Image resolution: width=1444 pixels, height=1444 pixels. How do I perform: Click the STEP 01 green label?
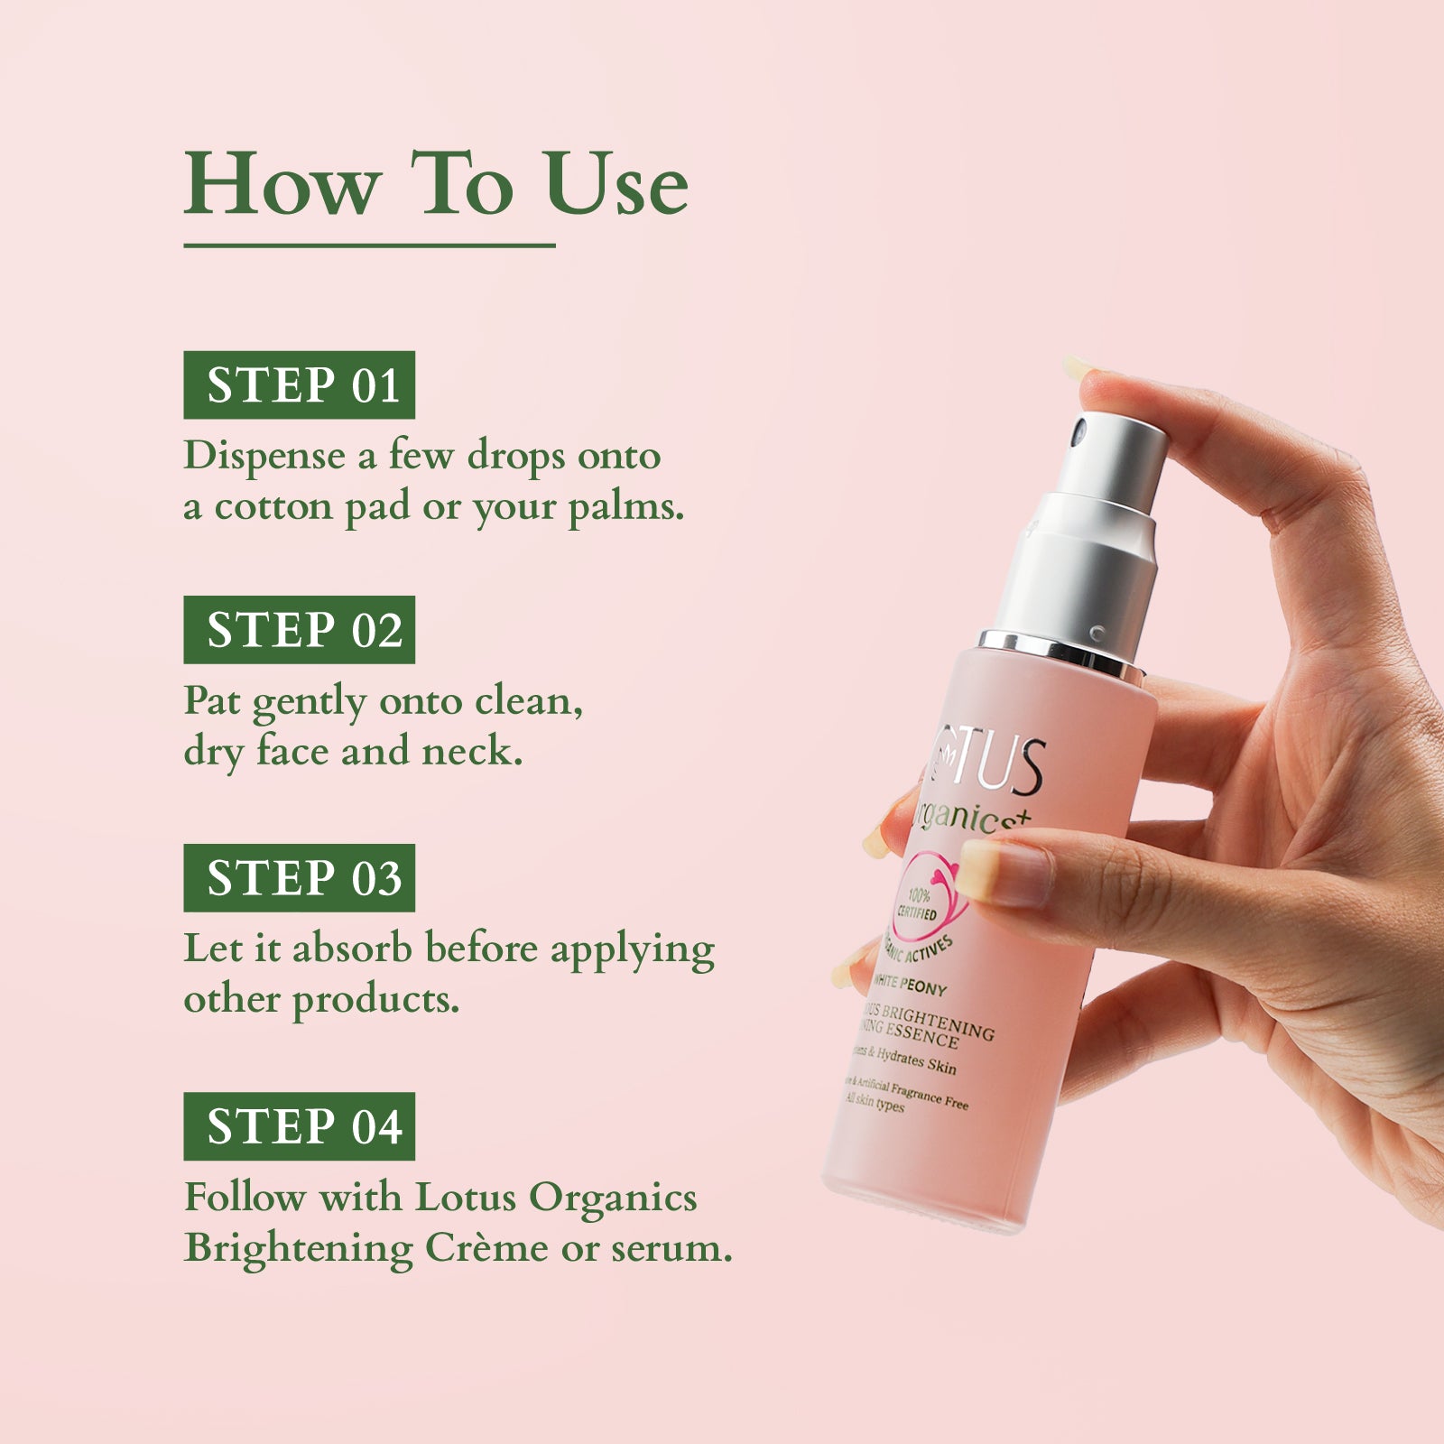click(x=299, y=385)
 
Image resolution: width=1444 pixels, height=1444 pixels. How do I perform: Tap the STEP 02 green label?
click(x=299, y=630)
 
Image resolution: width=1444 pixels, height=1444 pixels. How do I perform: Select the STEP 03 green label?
click(x=299, y=878)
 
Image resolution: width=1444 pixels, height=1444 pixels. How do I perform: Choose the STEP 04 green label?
click(x=299, y=1126)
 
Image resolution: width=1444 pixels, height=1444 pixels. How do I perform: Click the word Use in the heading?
click(x=616, y=185)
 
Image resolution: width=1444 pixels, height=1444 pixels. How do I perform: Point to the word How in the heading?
click(x=282, y=185)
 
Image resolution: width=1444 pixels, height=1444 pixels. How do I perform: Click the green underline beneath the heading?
click(x=369, y=245)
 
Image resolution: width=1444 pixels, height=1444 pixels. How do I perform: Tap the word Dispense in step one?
click(x=264, y=456)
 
